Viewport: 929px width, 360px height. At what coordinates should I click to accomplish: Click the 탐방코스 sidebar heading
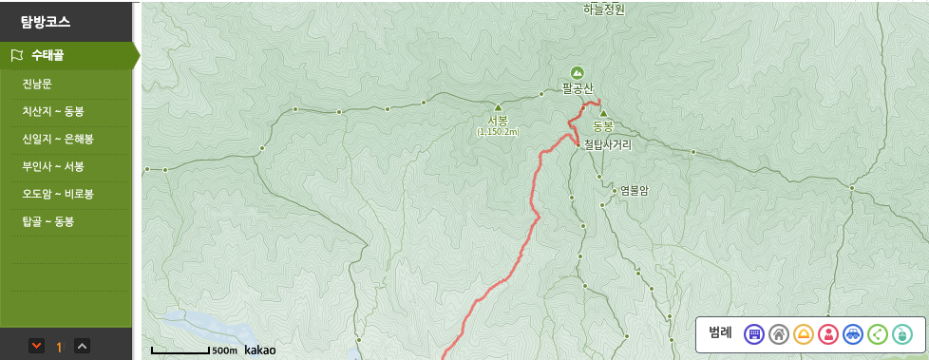coord(46,20)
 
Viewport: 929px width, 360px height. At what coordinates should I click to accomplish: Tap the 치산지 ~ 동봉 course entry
coord(52,111)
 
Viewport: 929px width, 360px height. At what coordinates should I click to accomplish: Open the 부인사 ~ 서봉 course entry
coord(52,166)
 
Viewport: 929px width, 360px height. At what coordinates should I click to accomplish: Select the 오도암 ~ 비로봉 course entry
coord(57,194)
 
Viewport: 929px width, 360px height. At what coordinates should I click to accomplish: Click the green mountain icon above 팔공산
coord(577,72)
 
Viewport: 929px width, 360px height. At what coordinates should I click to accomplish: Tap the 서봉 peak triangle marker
coord(498,107)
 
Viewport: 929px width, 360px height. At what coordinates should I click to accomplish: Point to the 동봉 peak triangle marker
coord(602,113)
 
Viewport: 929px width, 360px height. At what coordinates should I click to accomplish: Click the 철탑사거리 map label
coord(608,145)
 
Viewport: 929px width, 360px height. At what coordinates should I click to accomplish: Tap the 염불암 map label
coord(633,190)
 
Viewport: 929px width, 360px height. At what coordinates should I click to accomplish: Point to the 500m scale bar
coord(180,351)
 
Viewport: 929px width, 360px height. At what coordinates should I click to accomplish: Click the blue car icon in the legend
coord(853,333)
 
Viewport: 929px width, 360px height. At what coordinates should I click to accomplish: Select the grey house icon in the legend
coord(779,333)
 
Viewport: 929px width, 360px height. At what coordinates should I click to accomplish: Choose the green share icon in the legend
coord(878,333)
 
